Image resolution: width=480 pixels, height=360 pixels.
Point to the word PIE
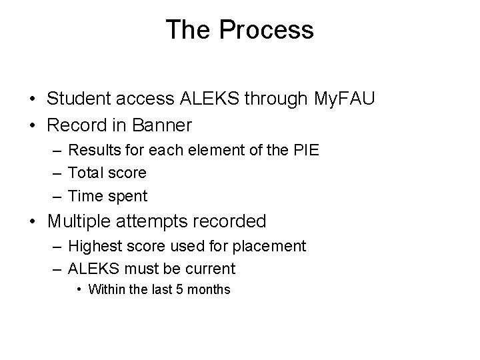(x=304, y=149)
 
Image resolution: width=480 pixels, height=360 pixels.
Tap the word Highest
(x=94, y=246)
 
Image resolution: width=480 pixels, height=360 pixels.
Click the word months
(x=209, y=289)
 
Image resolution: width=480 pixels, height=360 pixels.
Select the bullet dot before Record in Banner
(x=33, y=125)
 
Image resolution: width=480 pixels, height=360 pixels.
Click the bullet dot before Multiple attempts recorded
(x=33, y=221)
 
